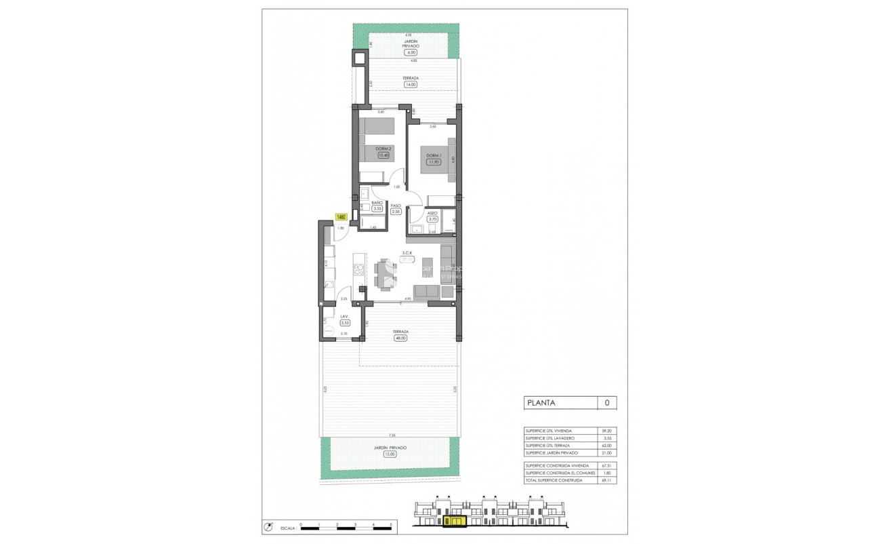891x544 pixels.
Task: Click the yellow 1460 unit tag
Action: pos(341,217)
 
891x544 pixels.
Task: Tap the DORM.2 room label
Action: pos(384,148)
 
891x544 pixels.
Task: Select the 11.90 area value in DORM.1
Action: pos(433,162)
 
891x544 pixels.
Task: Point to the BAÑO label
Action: pos(377,203)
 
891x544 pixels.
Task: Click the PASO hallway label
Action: pos(396,204)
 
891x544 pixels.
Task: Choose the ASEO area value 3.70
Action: pos(433,219)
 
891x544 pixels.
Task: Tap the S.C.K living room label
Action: pos(408,252)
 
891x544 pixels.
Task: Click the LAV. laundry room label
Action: pos(344,316)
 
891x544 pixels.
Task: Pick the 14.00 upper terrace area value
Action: pos(410,85)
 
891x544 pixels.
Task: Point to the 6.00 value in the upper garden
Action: pos(411,52)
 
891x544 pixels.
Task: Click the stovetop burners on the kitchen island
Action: pos(361,271)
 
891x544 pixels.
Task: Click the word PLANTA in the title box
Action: pos(541,403)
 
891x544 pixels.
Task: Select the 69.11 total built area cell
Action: pos(606,480)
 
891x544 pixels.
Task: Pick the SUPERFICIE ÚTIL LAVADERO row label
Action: pos(550,438)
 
